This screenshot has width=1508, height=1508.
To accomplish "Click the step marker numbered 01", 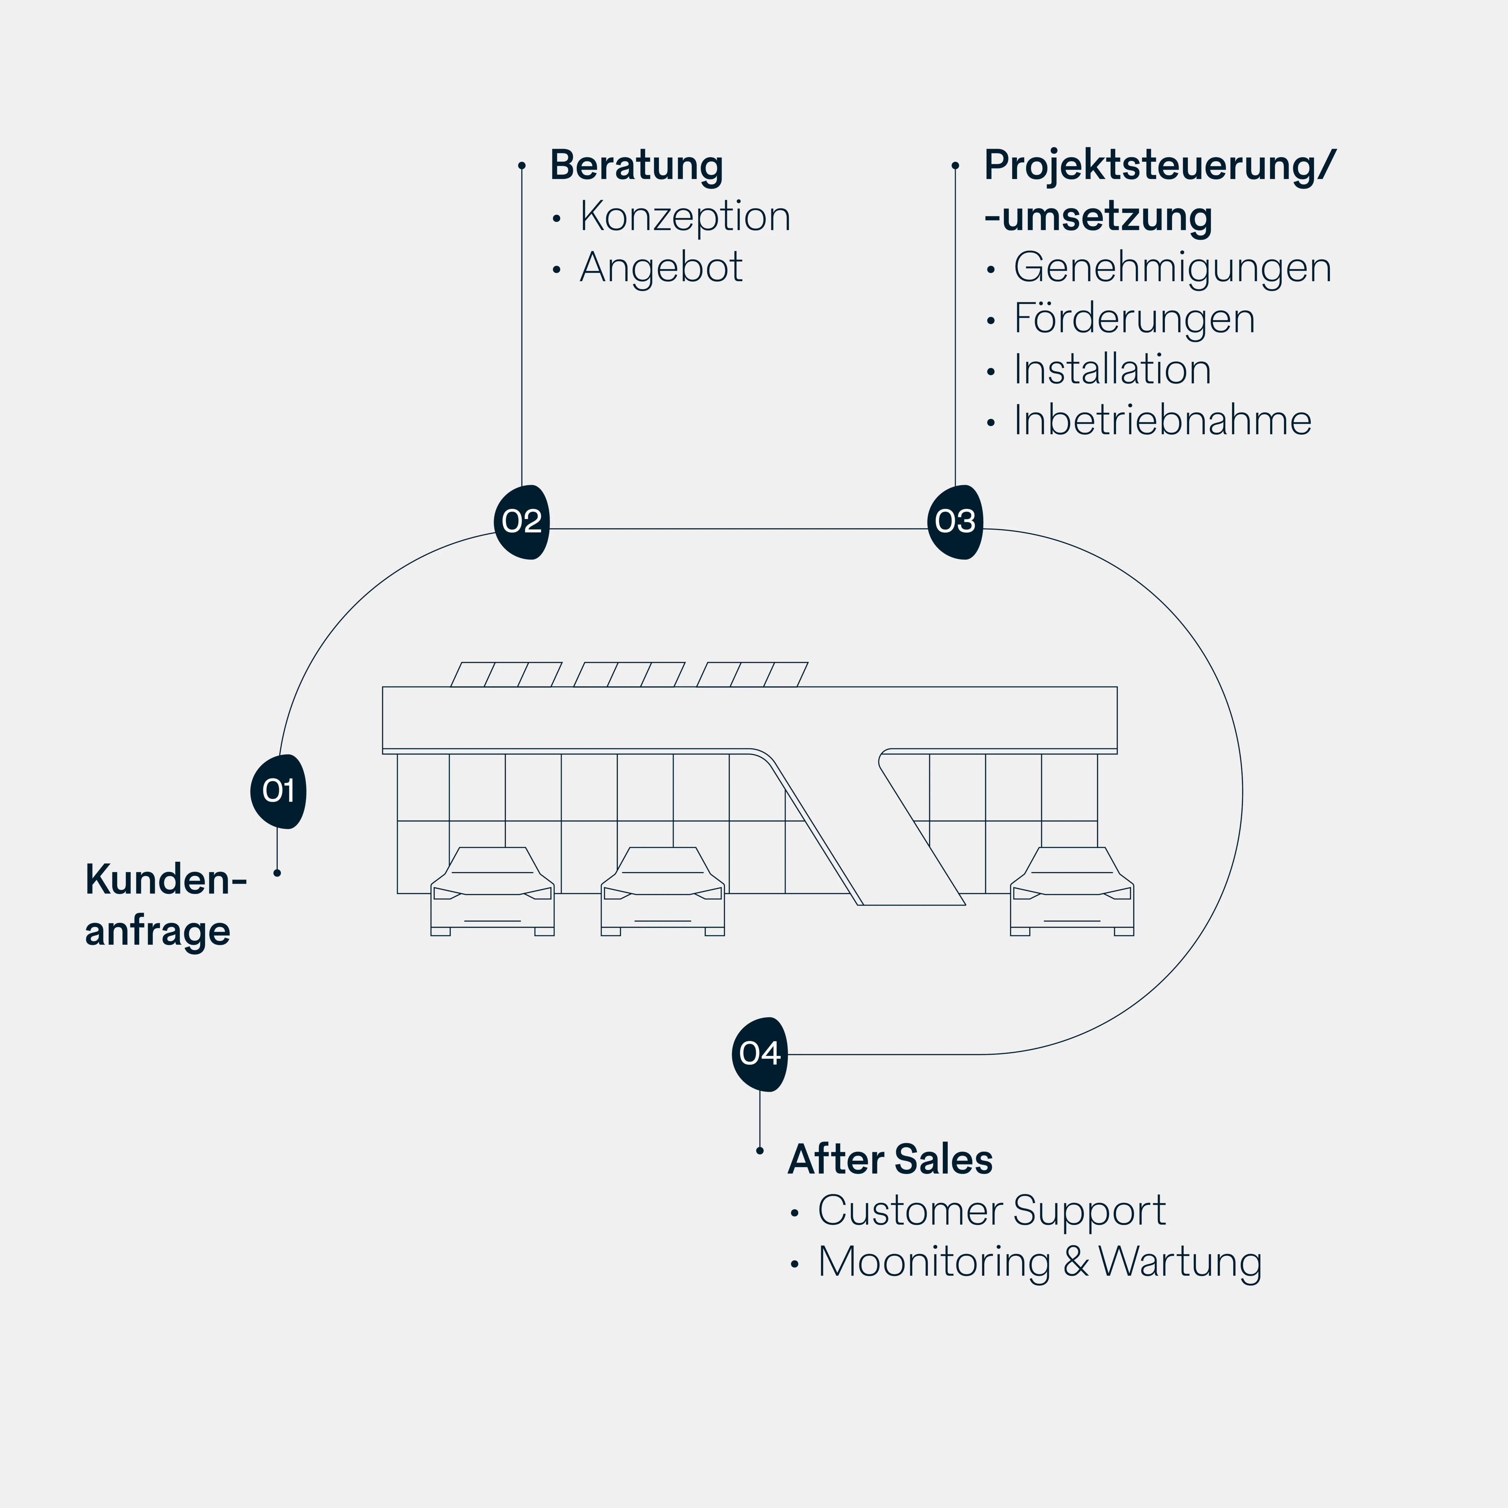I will pos(278,791).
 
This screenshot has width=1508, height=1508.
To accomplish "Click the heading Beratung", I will pos(636,166).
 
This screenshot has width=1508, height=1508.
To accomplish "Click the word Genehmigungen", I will pos(1172,268).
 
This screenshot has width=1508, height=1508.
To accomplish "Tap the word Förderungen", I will pos(1133,319).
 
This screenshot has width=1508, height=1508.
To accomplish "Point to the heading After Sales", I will pos(890,1159).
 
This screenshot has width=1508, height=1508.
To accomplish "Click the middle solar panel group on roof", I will pos(629,674).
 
